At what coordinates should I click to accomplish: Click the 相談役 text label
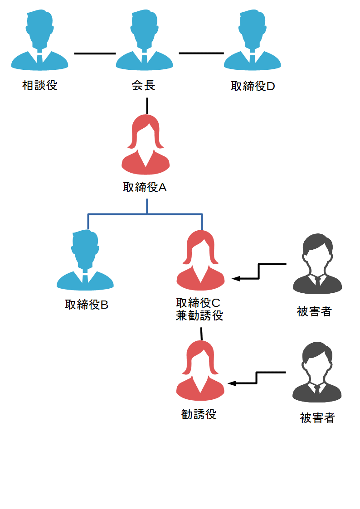coord(40,85)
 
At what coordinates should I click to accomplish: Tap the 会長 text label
coord(144,85)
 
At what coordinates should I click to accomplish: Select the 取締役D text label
coord(253,87)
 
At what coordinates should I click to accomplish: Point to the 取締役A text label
coord(145,187)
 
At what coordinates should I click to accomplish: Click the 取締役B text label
coord(87,305)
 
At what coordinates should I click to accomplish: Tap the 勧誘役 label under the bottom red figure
coord(199,414)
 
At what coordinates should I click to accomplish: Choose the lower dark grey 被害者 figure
coord(317,373)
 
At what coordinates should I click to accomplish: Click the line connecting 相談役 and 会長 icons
coord(95,53)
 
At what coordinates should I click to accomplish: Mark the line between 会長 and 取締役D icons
coord(201,53)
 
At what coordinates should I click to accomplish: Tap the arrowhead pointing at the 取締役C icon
coord(236,278)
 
